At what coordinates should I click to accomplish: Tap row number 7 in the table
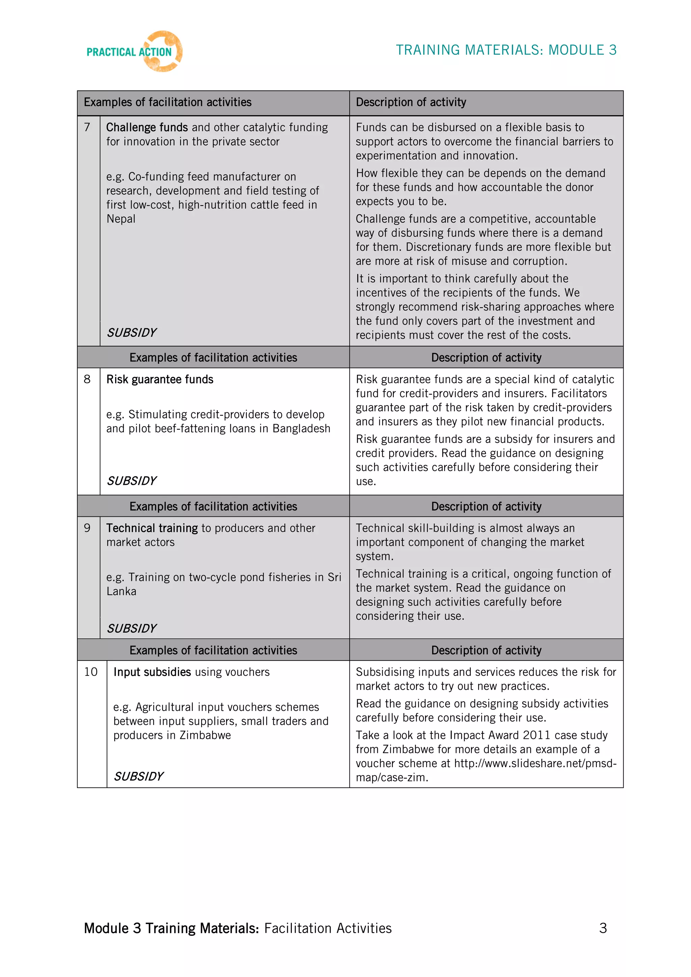(x=87, y=127)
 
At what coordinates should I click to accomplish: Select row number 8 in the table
(x=87, y=379)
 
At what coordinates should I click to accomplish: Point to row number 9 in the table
(x=87, y=528)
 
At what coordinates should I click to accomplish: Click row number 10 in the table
(x=91, y=672)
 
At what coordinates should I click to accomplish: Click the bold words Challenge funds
(x=147, y=127)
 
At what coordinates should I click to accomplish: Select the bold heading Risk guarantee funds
(x=160, y=379)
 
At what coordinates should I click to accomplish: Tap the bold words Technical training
(x=152, y=528)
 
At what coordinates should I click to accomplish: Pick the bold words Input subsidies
(x=152, y=672)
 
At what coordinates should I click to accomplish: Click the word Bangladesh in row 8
(x=301, y=428)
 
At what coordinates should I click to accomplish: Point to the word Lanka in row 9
(x=121, y=591)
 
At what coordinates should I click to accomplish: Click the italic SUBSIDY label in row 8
(x=132, y=481)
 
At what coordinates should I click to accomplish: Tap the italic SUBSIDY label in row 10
(x=138, y=777)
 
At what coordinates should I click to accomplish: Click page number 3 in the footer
(x=603, y=928)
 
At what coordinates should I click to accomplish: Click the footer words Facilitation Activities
(x=328, y=928)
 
